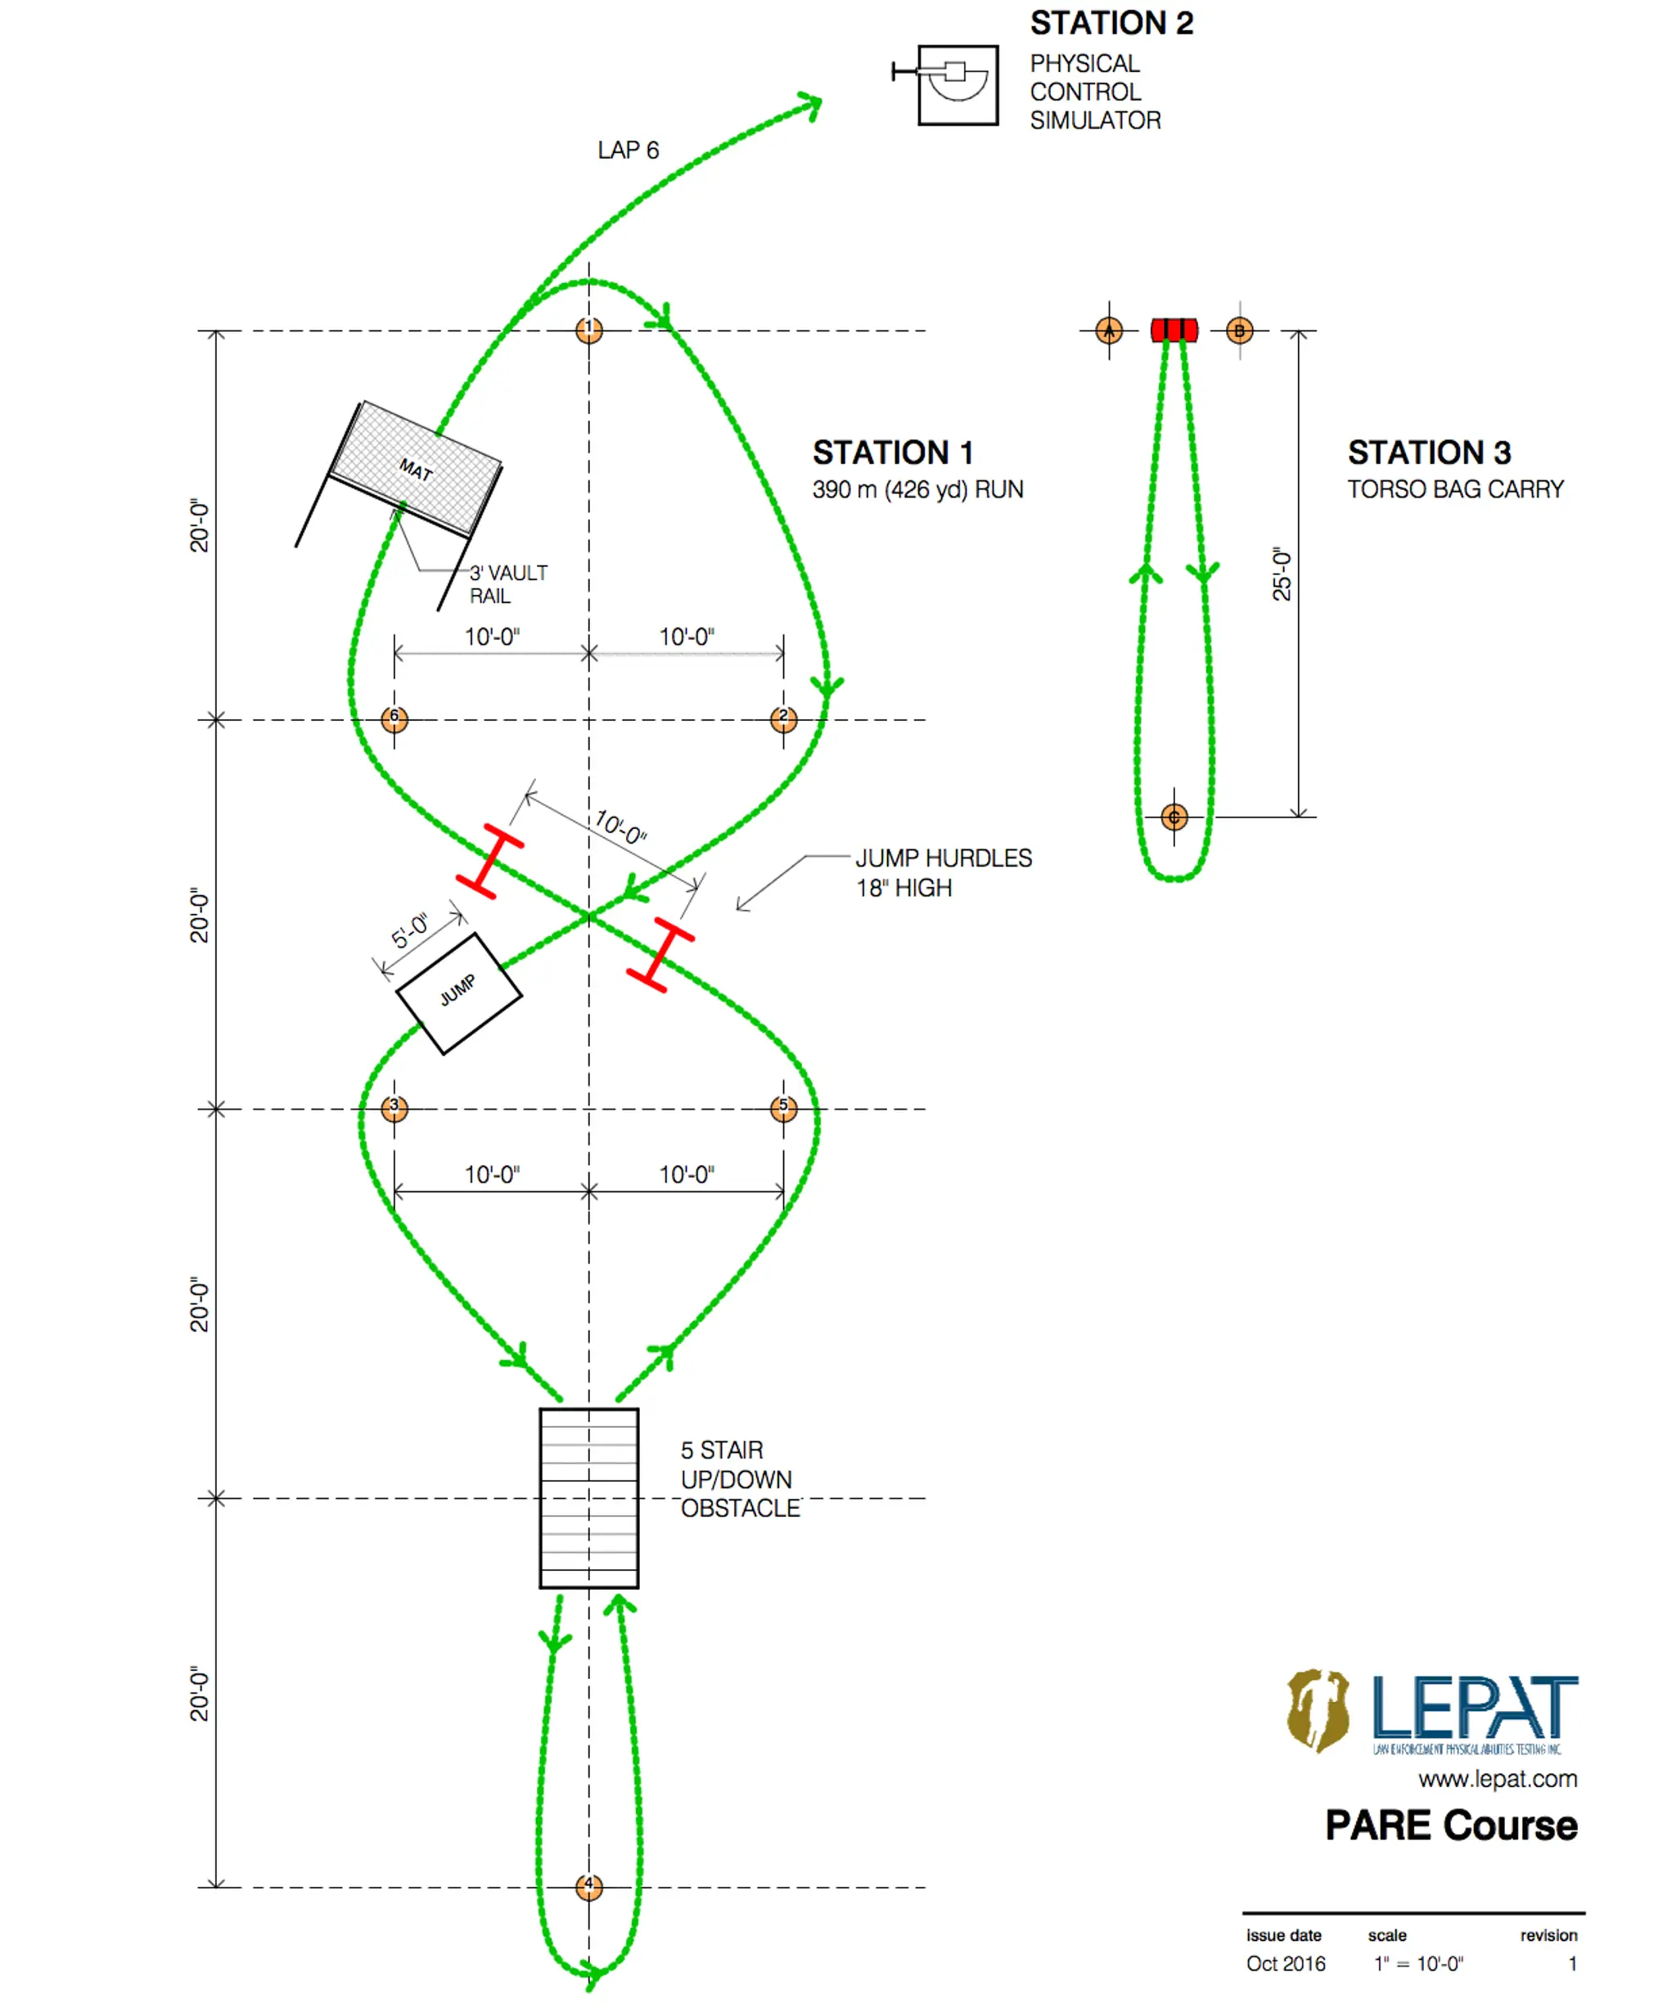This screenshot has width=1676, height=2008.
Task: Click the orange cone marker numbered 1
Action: pos(589,330)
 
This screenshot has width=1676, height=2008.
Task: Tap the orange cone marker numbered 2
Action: pos(783,719)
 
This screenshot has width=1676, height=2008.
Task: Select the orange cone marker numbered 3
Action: pos(394,1108)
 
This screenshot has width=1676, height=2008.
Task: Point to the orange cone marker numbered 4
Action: pos(589,1887)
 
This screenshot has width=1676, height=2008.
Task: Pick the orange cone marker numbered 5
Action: pos(783,1108)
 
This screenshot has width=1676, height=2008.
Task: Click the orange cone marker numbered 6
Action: pos(394,719)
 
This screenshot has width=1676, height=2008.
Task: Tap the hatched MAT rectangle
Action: pos(416,467)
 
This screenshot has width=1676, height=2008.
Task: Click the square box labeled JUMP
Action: pos(459,993)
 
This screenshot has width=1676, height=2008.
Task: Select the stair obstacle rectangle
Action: pos(589,1497)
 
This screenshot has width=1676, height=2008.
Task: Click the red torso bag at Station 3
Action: pos(1174,330)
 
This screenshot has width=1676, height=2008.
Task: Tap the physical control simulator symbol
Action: pos(957,84)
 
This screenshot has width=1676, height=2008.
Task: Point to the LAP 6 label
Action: pos(628,150)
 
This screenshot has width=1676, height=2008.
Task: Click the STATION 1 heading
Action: pos(893,452)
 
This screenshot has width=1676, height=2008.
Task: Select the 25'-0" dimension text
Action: pos(1281,574)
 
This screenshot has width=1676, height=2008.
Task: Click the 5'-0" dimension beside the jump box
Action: pos(410,930)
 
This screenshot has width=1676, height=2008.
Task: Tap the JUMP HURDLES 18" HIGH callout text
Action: pos(943,872)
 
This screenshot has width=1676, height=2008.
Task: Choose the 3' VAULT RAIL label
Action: pos(507,584)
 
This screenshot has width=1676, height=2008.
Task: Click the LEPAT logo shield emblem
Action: pos(1318,1709)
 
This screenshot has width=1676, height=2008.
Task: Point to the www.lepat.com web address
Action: pos(1498,1779)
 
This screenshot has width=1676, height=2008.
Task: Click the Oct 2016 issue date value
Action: pos(1286,1963)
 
